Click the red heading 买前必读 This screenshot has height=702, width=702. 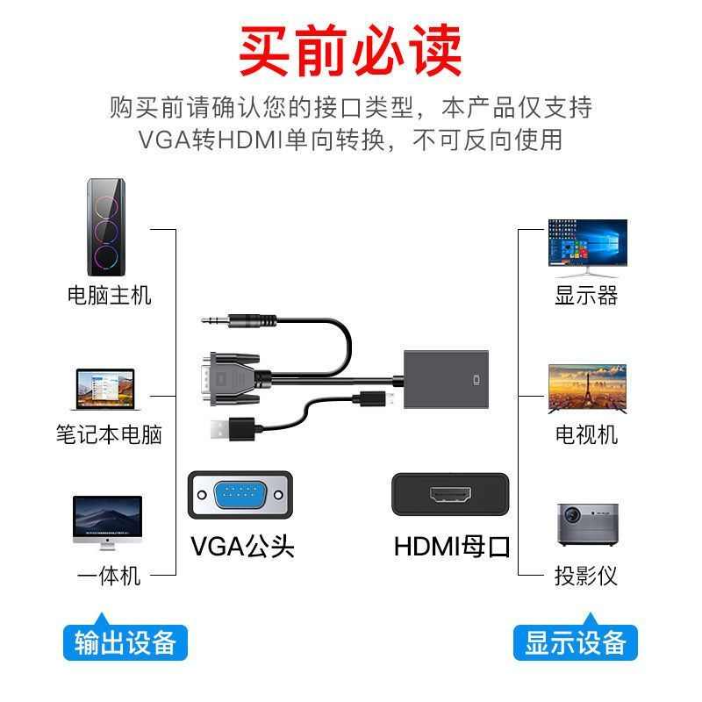tap(351, 51)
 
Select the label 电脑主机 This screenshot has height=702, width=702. tap(109, 295)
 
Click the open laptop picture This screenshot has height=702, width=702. tap(103, 390)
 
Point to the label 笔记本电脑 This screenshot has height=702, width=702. tap(109, 434)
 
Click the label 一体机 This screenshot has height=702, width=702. tap(109, 577)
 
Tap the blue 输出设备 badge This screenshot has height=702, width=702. tap(125, 642)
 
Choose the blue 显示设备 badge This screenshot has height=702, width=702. tap(576, 642)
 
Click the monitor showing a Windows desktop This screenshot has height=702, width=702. tap(587, 243)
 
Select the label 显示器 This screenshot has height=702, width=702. tap(586, 295)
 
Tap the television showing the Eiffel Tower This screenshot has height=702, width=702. tap(587, 388)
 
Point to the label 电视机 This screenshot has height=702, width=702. tap(586, 434)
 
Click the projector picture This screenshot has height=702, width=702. tap(587, 525)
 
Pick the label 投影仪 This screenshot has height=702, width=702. tap(586, 577)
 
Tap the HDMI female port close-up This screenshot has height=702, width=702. tap(451, 497)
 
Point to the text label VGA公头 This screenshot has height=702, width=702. tap(242, 546)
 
